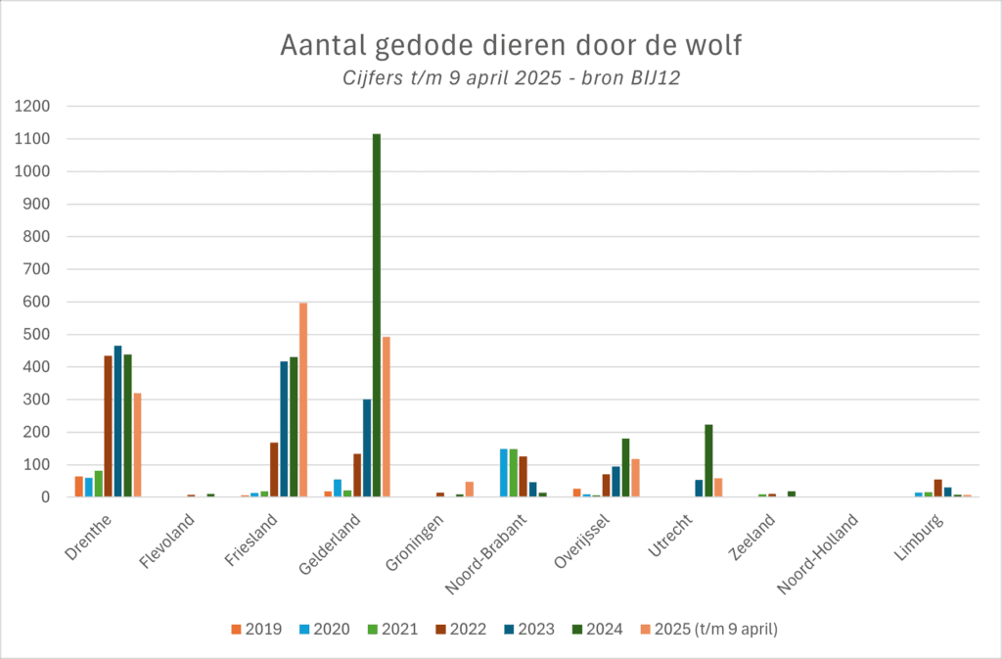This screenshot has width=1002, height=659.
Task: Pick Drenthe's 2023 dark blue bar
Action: [117, 421]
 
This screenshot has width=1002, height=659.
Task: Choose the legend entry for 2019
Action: [257, 630]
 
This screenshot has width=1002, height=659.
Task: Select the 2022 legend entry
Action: [462, 630]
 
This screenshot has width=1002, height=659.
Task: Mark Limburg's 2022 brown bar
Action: [938, 488]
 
